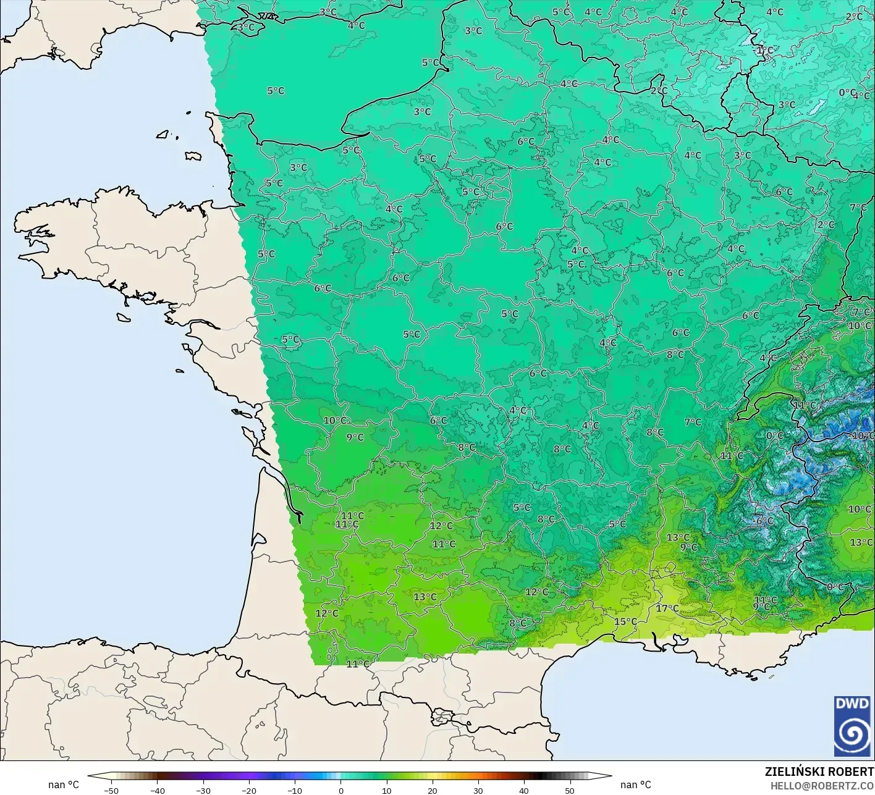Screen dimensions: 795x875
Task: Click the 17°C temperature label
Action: click(x=667, y=608)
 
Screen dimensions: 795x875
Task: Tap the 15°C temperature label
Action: click(x=625, y=621)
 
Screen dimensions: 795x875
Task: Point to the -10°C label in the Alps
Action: click(x=863, y=435)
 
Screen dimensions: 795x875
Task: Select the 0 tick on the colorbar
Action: click(x=340, y=790)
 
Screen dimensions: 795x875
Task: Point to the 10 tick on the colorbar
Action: click(x=386, y=790)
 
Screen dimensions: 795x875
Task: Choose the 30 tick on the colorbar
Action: click(x=478, y=790)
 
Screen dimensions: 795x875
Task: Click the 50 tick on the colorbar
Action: click(x=569, y=790)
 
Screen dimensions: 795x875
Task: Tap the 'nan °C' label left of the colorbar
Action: click(x=64, y=784)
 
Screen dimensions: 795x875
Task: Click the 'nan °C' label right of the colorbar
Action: click(x=635, y=784)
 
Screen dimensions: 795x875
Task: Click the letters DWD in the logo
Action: click(x=852, y=704)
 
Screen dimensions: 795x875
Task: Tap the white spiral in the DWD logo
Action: click(x=852, y=734)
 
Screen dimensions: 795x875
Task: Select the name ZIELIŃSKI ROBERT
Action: click(x=819, y=772)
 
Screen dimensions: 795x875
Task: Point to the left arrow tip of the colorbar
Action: click(x=88, y=776)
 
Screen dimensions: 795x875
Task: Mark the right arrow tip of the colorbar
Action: click(x=611, y=776)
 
